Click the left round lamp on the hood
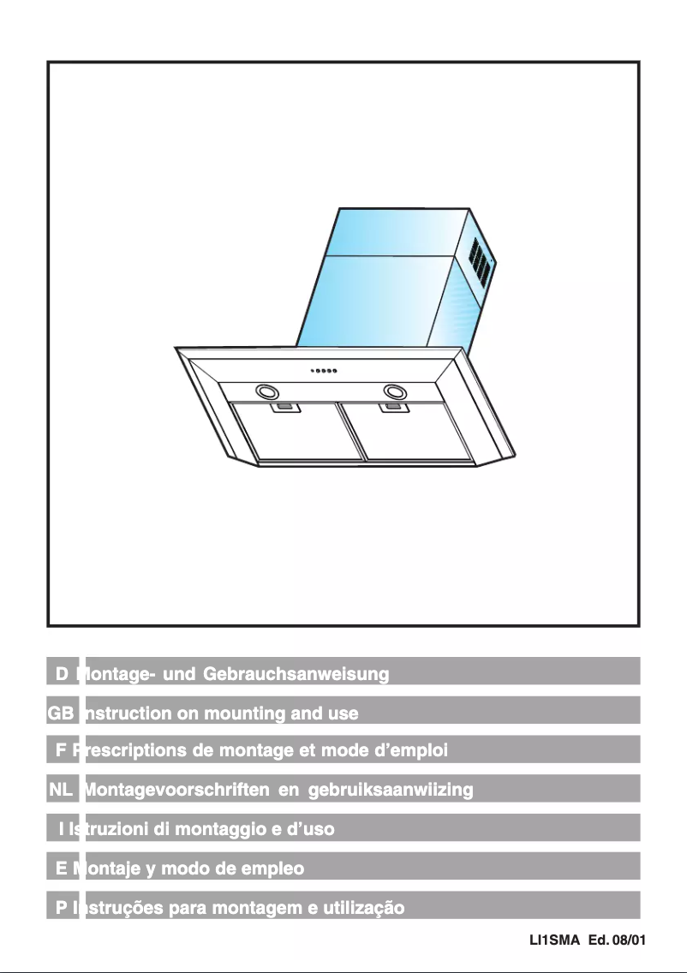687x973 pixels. pyautogui.click(x=266, y=391)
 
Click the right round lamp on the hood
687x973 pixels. pyautogui.click(x=395, y=391)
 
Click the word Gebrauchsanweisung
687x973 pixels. pyautogui.click(x=296, y=675)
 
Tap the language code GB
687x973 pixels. pyautogui.click(x=61, y=713)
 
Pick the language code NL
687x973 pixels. pyautogui.click(x=61, y=791)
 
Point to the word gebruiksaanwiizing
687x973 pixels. pyautogui.click(x=390, y=791)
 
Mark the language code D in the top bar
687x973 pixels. pyautogui.click(x=62, y=675)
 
